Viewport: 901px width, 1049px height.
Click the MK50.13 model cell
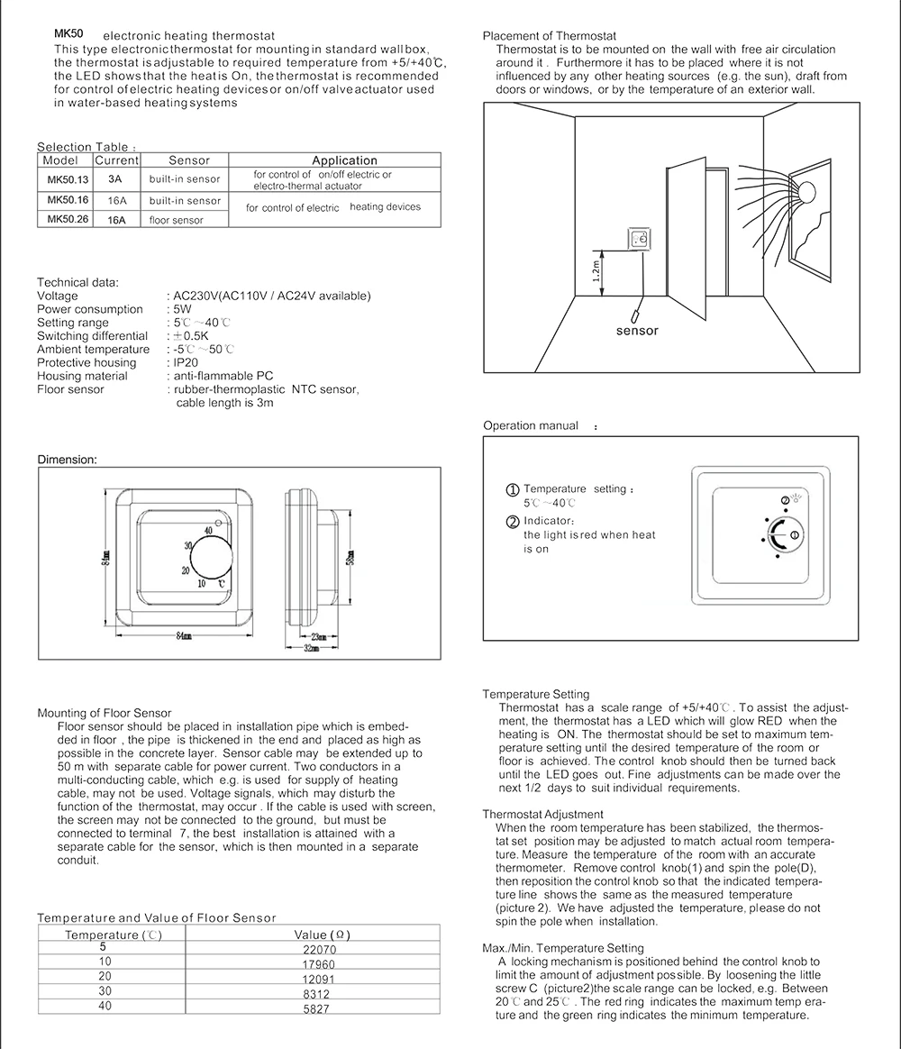[68, 179]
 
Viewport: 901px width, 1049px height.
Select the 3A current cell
[115, 179]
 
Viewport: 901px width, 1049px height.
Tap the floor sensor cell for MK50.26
[177, 220]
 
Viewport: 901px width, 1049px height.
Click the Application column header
[344, 160]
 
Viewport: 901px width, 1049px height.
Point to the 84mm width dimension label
[184, 636]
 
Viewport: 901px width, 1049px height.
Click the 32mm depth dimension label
[311, 649]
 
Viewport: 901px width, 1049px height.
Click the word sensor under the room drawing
[637, 331]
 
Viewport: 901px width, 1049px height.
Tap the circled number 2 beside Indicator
[513, 522]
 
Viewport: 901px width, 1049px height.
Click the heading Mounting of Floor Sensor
[104, 713]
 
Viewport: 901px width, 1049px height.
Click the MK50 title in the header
[69, 32]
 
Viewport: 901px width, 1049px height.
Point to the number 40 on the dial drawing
[208, 531]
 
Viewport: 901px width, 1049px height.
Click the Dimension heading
[67, 460]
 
